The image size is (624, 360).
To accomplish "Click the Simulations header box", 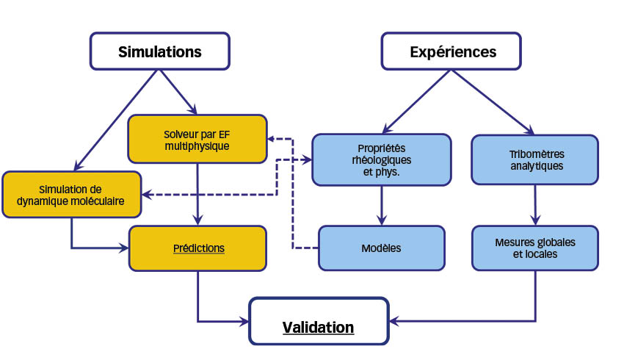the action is pos(160,51).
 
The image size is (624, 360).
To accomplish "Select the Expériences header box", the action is pos(451,51).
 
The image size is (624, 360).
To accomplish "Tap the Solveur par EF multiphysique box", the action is pos(197,139).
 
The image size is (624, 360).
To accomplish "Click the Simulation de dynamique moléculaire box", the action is pos(72,195).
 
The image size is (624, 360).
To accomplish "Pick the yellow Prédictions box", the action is pos(197,248).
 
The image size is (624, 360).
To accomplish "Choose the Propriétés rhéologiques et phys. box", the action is pos(382,159).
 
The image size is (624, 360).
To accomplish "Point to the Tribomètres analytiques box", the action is pos(535,159).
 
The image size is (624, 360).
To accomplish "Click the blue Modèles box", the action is pos(382,248).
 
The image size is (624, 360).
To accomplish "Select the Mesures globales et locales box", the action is pos(535,248).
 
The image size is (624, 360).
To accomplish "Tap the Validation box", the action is pos(319,321).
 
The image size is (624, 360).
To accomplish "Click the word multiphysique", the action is pos(197,146).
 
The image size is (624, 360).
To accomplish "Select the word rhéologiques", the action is pos(382,160).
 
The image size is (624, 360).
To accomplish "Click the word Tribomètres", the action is pos(537,154).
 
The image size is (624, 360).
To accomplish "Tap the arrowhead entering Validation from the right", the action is pos(394,321).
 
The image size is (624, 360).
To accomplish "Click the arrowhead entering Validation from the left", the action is pos(244,321).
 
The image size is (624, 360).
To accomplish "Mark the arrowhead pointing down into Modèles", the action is pos(382,220).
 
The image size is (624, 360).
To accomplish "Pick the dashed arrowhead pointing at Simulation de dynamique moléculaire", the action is pos(147,195).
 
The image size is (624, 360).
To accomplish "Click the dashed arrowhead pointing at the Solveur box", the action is pos(272,139).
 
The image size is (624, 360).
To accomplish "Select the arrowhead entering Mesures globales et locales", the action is pos(535,220).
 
